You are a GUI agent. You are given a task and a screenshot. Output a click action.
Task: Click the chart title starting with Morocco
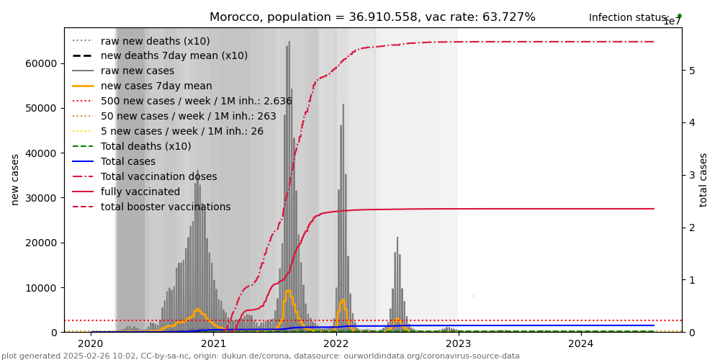[x=372, y=17]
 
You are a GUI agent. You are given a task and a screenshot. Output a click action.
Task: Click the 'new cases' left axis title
[x=15, y=179]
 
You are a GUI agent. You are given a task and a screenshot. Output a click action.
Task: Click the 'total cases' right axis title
[x=703, y=179]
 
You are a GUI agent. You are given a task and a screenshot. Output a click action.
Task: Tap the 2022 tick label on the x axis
[x=336, y=344]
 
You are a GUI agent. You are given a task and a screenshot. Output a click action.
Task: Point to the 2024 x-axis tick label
[x=581, y=344]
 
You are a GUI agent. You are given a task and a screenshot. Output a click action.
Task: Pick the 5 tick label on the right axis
[x=691, y=71]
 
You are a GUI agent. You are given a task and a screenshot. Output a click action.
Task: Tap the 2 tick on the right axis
[x=691, y=228]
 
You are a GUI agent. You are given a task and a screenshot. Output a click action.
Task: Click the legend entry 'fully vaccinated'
[x=140, y=192]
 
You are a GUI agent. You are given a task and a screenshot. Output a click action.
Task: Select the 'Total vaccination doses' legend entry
[x=158, y=177]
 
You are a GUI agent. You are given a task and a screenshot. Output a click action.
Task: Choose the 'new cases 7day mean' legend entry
[x=156, y=86]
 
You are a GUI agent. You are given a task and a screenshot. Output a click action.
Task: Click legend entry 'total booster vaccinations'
[x=166, y=207]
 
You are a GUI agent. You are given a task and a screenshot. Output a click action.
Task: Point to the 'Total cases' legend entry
[x=128, y=162]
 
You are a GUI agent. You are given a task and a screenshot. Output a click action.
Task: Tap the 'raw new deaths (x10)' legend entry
[x=156, y=41]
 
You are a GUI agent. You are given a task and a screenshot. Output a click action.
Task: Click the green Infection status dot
[x=679, y=16]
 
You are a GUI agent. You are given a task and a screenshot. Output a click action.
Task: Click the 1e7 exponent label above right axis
[x=672, y=22]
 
